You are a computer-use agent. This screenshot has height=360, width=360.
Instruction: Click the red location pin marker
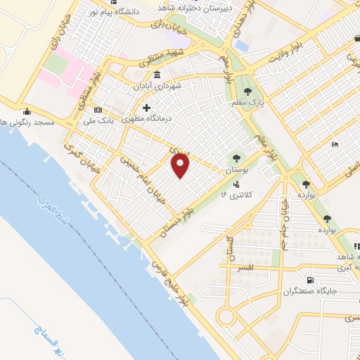coord(181,165)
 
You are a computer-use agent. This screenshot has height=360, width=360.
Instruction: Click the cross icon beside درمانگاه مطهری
coord(146,108)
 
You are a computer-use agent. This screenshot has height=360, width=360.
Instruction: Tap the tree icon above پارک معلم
coord(247,91)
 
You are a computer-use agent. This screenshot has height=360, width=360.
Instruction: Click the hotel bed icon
coord(335,144)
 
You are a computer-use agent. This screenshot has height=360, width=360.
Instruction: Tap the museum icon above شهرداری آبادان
coord(155,75)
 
